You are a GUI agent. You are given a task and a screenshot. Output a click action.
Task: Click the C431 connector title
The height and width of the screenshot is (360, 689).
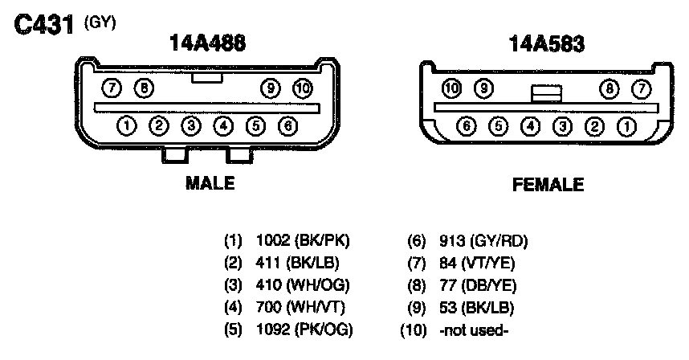(43, 25)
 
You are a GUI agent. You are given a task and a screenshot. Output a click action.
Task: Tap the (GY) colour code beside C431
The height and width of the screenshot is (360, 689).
(100, 22)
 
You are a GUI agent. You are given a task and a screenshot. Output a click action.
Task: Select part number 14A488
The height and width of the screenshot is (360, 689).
(207, 43)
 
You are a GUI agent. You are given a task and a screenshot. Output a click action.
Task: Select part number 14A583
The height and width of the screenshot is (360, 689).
(547, 44)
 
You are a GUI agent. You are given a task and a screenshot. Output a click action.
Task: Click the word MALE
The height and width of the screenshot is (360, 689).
(210, 183)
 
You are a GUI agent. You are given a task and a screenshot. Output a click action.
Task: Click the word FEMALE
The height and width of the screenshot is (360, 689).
(548, 185)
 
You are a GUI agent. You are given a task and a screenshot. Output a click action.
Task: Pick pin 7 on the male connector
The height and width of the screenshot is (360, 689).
(112, 88)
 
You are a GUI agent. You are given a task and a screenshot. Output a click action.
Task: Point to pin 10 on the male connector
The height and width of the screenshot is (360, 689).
(303, 88)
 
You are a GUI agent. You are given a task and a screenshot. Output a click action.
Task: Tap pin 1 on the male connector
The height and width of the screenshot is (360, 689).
(127, 126)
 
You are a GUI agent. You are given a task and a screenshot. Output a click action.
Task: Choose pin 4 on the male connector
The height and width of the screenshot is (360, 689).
(223, 126)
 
